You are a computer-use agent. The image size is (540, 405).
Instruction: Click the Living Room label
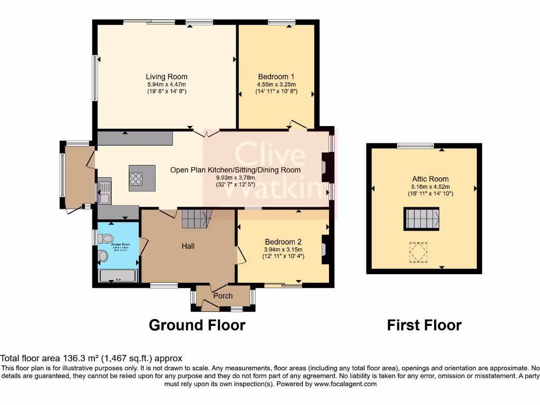coord(167,76)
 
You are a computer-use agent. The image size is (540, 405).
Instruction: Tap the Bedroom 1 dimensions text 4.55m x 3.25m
coord(276,84)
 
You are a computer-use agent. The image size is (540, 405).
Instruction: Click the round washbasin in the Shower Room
coord(103,256)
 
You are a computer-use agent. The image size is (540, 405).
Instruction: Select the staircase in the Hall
coord(196,218)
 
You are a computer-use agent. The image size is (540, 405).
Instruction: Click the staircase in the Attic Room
coord(422,219)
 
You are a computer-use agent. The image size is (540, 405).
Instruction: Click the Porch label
coord(223,296)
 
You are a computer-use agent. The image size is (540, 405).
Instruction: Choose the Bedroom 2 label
coord(284,242)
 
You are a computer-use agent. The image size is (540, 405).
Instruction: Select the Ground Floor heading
coord(197,325)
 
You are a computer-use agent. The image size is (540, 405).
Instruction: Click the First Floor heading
coord(424,325)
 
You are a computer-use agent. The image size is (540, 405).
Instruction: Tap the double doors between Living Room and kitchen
coord(206,133)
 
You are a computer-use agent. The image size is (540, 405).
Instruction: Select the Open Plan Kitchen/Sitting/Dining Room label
coord(235,170)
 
